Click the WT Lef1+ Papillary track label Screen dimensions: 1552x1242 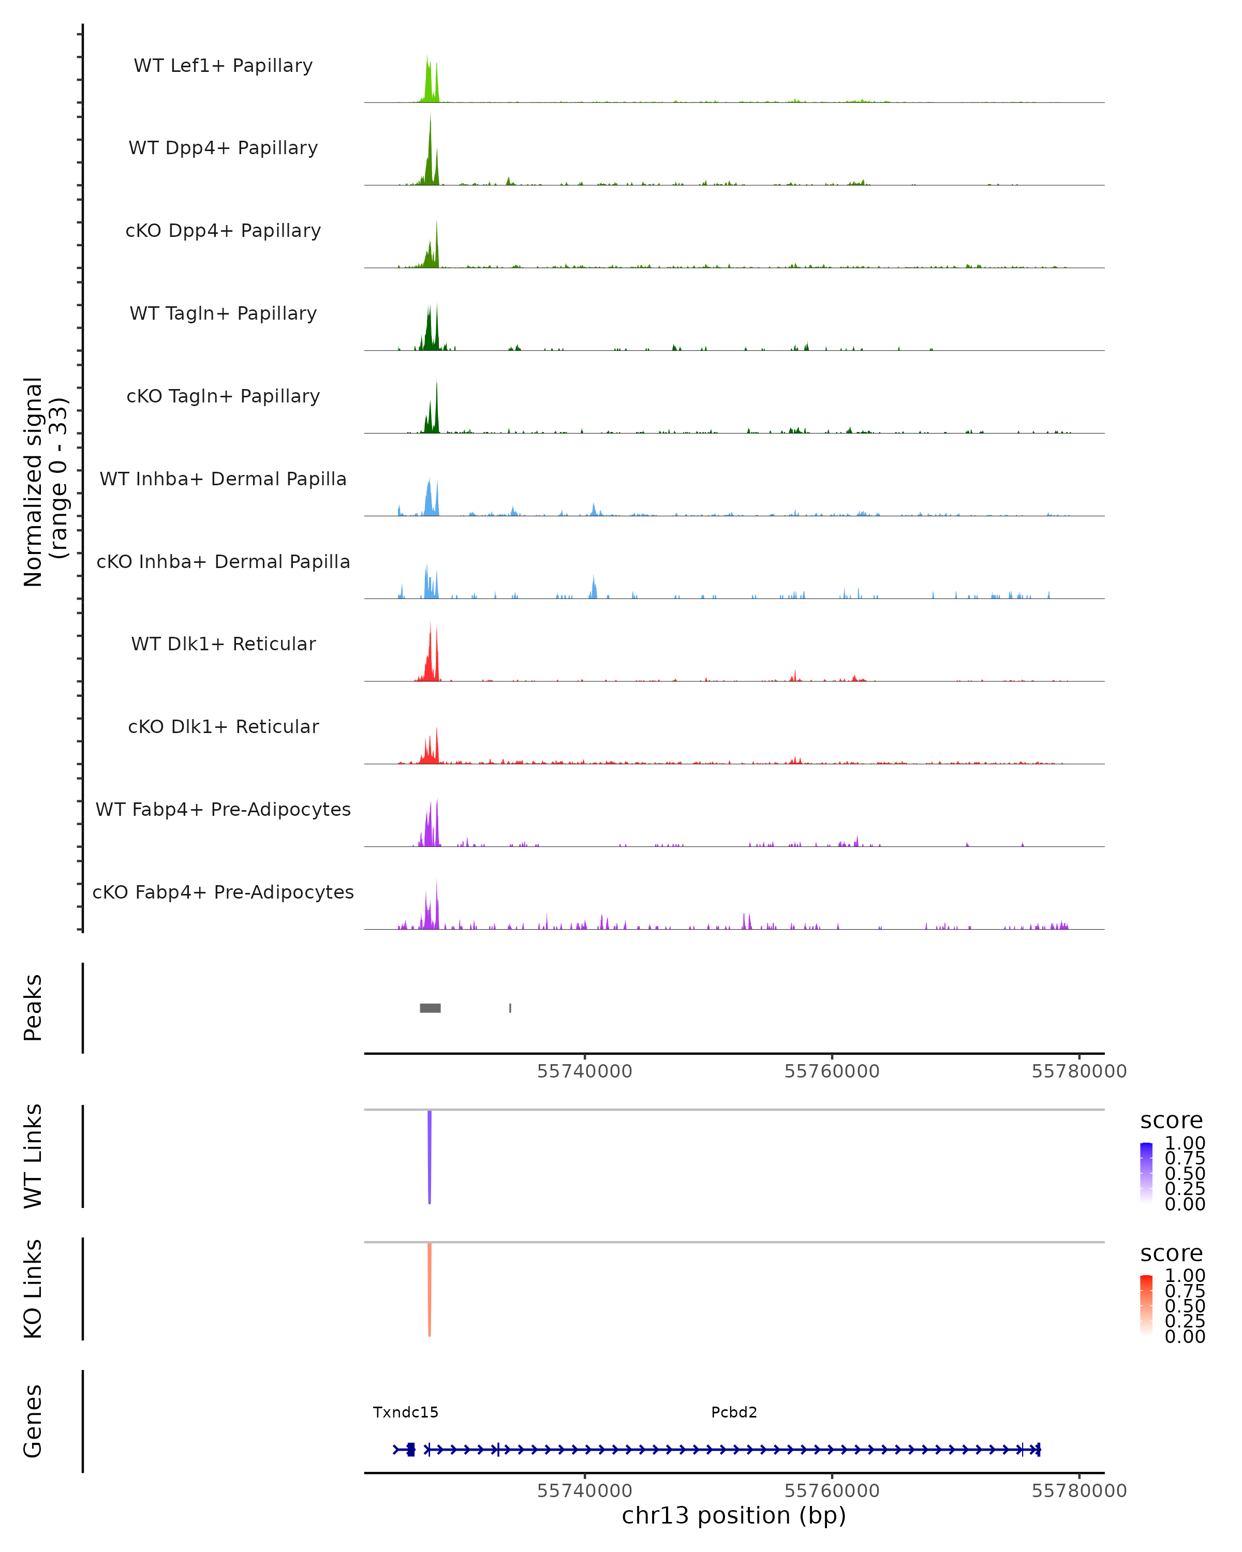pos(223,66)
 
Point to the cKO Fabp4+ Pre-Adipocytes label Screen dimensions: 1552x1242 pos(223,892)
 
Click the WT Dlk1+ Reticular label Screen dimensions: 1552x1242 pos(223,644)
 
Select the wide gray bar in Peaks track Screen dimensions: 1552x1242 pos(430,1008)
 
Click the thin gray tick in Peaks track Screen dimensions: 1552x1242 pos(510,1008)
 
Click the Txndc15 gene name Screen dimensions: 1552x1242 pos(405,1412)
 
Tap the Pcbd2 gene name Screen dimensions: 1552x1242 pos(734,1412)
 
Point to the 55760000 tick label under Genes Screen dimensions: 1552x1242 pos(832,1491)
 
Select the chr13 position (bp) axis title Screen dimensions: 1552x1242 pos(734,1515)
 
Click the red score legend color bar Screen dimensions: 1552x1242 pos(1146,1304)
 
